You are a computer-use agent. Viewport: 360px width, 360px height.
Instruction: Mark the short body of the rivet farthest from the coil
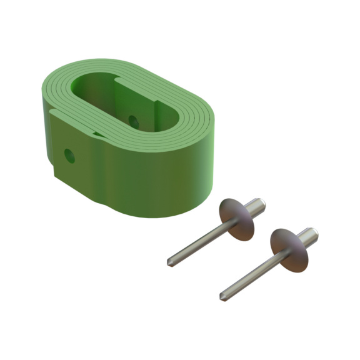(x=308, y=236)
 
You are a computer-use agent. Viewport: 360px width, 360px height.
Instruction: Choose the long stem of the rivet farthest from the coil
(x=250, y=275)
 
